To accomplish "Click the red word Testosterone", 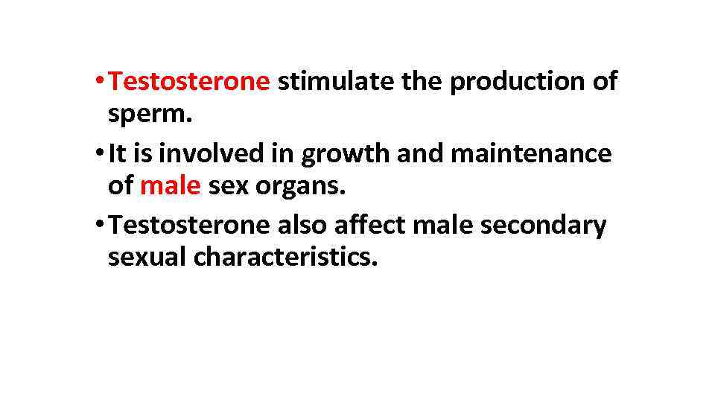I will click(188, 82).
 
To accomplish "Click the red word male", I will click(170, 186).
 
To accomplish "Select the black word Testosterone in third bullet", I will click(188, 226).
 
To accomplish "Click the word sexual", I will click(147, 258).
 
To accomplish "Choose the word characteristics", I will click(285, 258).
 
